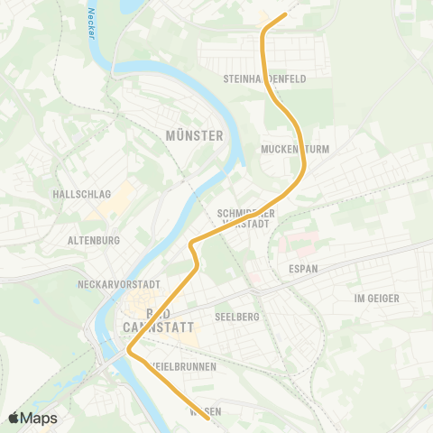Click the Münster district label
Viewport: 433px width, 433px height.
click(194, 135)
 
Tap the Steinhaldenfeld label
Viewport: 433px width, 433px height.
click(264, 79)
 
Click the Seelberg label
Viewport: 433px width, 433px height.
click(238, 317)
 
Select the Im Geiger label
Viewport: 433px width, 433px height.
click(376, 298)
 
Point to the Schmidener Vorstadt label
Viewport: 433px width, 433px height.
click(244, 218)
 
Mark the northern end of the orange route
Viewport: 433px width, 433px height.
click(285, 14)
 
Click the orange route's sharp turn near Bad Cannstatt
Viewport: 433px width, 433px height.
click(129, 351)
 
